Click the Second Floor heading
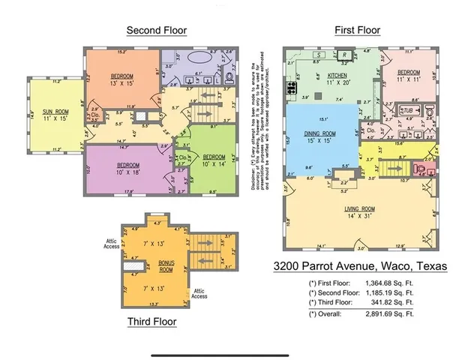point(156,31)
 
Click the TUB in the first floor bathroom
point(409,110)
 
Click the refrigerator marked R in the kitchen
point(343,55)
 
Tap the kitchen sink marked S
point(319,55)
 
